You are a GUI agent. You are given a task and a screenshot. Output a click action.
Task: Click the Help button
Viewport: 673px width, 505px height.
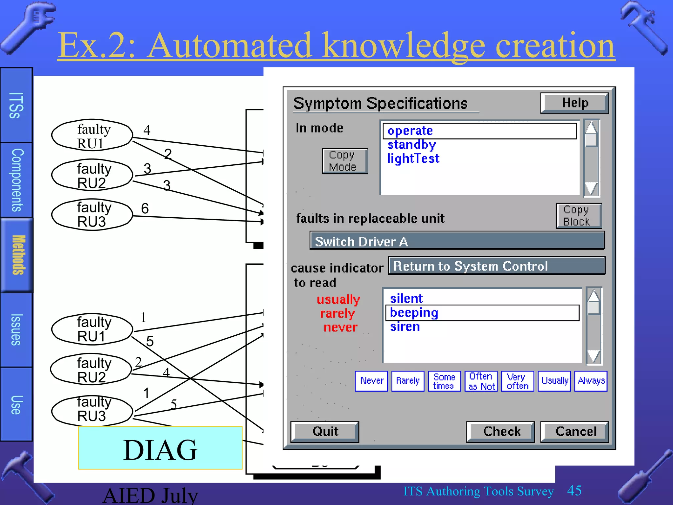point(574,103)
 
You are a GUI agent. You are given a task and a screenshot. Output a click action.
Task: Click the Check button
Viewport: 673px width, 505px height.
point(500,431)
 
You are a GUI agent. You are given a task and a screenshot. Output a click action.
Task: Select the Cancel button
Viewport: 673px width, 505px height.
point(574,431)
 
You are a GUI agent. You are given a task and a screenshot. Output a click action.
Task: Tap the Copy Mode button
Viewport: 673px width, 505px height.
point(344,161)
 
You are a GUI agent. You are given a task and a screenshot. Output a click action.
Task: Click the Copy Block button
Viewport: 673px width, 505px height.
point(579,216)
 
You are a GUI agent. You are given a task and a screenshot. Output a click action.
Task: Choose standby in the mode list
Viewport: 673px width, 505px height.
point(411,145)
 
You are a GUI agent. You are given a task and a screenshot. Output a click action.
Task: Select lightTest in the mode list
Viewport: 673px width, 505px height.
point(413,158)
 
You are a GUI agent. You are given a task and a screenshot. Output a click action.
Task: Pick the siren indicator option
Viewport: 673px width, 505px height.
point(405,326)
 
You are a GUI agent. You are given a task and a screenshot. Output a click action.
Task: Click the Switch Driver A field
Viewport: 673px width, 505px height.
point(457,241)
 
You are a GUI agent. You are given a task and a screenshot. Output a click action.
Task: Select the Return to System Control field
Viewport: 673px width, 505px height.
point(496,266)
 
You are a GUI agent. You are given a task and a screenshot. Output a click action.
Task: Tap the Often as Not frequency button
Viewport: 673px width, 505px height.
point(481,381)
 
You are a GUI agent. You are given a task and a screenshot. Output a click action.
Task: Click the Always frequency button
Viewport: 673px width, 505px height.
point(591,381)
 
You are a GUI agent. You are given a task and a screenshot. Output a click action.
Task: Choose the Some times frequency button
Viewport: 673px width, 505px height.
point(444,381)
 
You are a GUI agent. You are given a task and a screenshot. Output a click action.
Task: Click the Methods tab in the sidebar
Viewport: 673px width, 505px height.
point(17,255)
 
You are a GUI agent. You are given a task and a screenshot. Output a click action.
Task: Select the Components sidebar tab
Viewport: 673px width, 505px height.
point(17,180)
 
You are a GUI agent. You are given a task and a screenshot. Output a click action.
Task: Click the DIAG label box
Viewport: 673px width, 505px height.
point(160,448)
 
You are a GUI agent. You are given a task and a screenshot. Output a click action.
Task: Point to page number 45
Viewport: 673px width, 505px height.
point(574,491)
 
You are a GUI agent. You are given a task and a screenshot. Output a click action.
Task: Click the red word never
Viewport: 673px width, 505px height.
point(340,327)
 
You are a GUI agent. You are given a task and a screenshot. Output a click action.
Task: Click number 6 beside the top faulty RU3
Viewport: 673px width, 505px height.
point(145,208)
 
